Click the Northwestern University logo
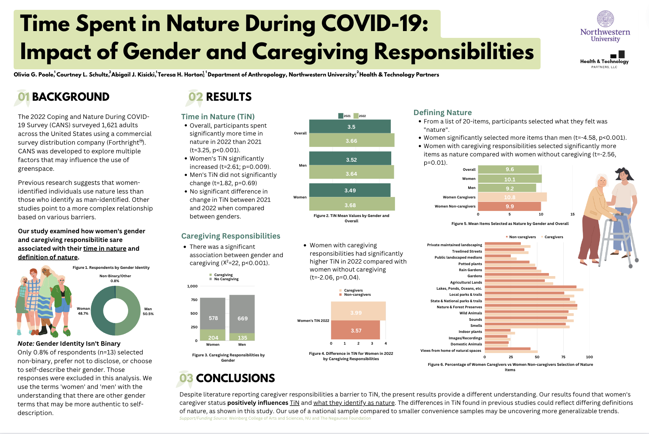click(x=605, y=27)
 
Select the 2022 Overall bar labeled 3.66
click(x=351, y=141)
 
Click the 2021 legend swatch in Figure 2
click(x=341, y=116)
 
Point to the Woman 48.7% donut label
click(x=83, y=311)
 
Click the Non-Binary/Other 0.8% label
click(x=115, y=278)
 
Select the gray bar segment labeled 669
click(x=242, y=314)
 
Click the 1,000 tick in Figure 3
click(x=192, y=286)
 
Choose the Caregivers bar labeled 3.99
click(x=358, y=311)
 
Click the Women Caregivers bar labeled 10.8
click(x=512, y=197)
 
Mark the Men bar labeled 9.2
click(x=507, y=188)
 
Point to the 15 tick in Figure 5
click(x=572, y=214)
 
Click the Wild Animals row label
click(x=470, y=313)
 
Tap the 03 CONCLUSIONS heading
click(x=227, y=378)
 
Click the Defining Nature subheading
click(x=442, y=112)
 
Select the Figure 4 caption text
click(x=351, y=356)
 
